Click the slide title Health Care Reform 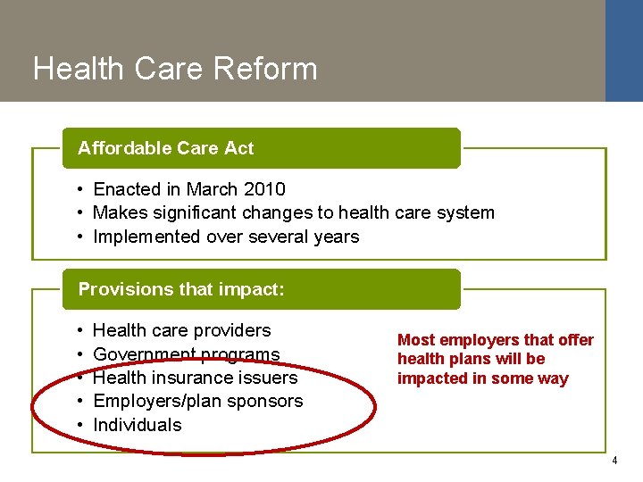175,69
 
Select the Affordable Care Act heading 166,148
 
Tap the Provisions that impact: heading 181,289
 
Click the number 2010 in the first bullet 265,189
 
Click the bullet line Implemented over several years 226,237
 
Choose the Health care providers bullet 181,330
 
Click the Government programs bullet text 186,354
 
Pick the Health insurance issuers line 195,378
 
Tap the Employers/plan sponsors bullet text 197,401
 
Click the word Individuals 137,425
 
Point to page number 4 614,461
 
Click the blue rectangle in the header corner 623,50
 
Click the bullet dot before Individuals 80,425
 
